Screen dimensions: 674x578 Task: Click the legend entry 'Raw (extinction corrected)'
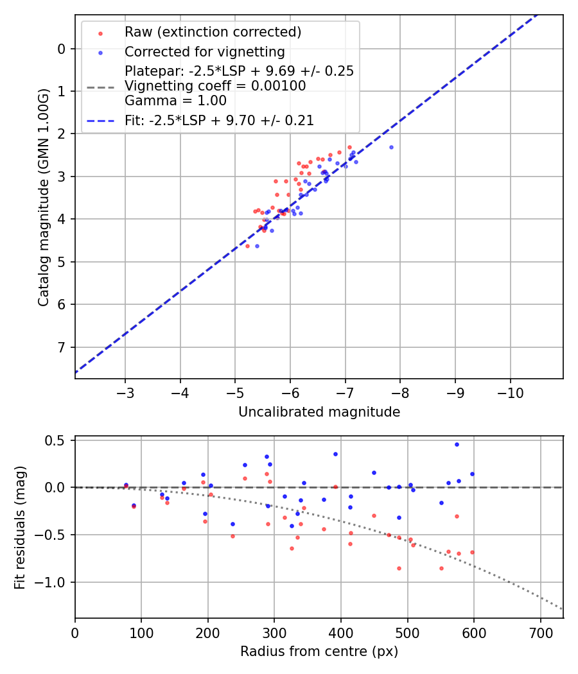click(213, 32)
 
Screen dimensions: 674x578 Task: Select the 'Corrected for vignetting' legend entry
click(204, 51)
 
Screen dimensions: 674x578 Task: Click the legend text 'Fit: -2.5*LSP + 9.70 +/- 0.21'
click(219, 120)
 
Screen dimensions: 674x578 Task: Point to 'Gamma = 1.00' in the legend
click(175, 101)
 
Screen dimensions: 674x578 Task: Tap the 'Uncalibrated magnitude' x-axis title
click(319, 412)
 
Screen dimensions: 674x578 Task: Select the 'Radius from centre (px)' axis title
click(319, 652)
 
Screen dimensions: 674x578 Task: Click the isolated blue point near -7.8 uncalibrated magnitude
click(391, 147)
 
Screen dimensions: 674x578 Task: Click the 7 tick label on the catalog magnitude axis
click(62, 347)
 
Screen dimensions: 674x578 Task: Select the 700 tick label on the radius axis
click(540, 632)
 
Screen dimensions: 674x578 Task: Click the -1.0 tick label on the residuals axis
click(54, 582)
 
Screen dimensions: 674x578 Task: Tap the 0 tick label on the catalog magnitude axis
click(62, 49)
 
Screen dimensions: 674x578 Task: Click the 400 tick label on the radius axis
click(341, 632)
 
